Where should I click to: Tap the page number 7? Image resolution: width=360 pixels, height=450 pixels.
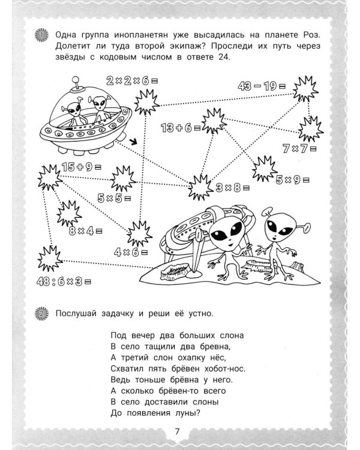coord(177,431)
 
